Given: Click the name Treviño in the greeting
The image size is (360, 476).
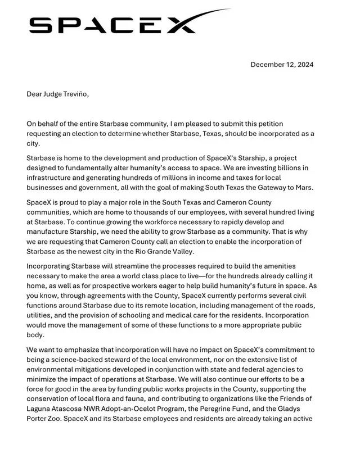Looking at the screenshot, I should (74, 94).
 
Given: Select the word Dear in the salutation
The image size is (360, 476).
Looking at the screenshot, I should (35, 94).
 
